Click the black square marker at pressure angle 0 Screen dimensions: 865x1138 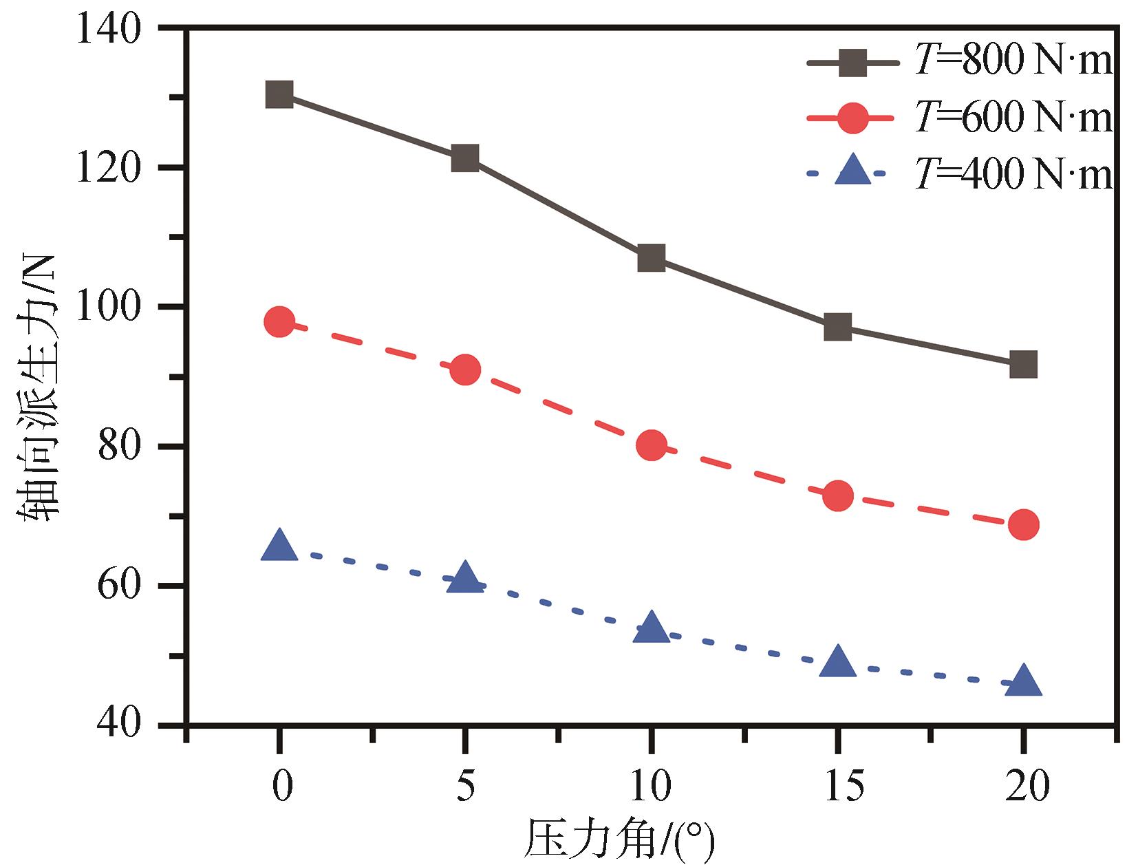pyautogui.click(x=279, y=94)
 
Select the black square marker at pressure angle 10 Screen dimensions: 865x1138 pyautogui.click(x=651, y=258)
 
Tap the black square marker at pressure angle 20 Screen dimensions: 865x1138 pyautogui.click(x=1023, y=364)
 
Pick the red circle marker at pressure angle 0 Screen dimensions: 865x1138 pyautogui.click(x=279, y=321)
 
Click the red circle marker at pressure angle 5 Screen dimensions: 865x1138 pyautogui.click(x=465, y=370)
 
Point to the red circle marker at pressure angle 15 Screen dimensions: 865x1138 pyautogui.click(x=837, y=495)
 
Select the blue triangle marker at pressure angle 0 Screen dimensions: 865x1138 pyautogui.click(x=279, y=546)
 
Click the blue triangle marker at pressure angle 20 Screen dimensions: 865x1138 pyautogui.click(x=1023, y=681)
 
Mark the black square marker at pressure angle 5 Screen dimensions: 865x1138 pyautogui.click(x=465, y=158)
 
